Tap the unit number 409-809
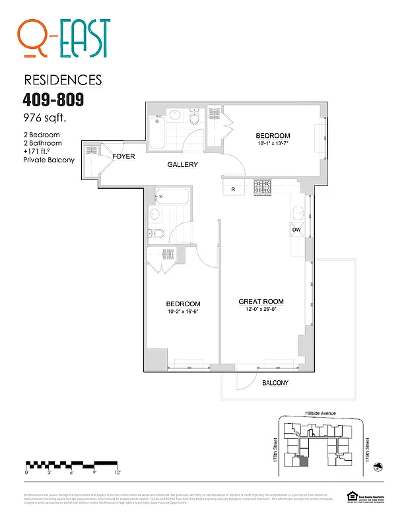(x=53, y=101)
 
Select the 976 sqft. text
(x=46, y=119)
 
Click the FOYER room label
(x=123, y=157)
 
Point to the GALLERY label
(x=182, y=164)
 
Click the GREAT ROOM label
(x=261, y=302)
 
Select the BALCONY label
(x=275, y=383)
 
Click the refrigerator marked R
(x=233, y=189)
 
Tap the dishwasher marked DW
(x=296, y=230)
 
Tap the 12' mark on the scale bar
(x=117, y=472)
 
